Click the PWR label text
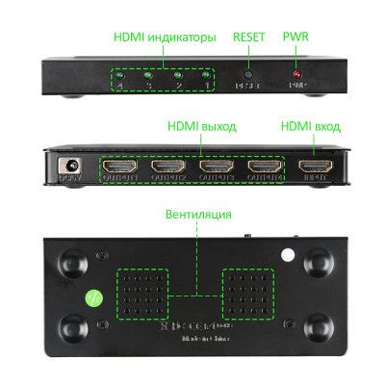coord(295,38)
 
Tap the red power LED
coord(296,74)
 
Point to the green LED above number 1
coord(207,74)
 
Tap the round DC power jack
coord(69,166)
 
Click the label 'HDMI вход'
coord(311,126)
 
